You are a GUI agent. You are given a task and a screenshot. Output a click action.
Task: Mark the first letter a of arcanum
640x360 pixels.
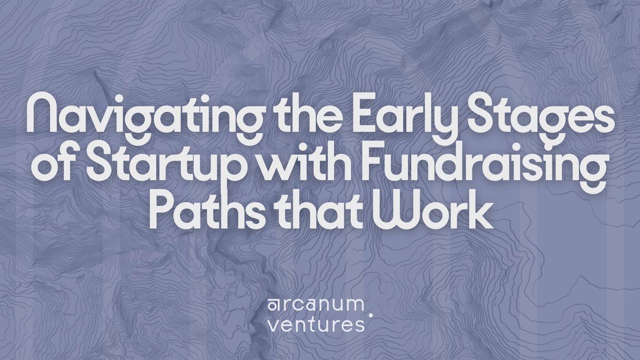pos(273,306)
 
